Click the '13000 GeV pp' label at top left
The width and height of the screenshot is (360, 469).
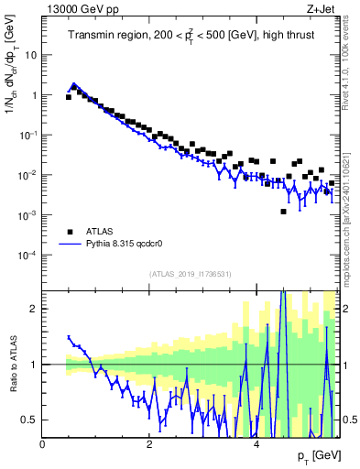(75, 8)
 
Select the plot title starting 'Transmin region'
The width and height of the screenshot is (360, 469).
(190, 36)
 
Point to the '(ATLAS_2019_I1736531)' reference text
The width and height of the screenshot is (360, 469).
(191, 274)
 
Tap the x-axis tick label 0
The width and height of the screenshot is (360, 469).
(43, 444)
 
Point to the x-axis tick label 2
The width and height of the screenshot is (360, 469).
(149, 444)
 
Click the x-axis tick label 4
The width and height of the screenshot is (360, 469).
(256, 444)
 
